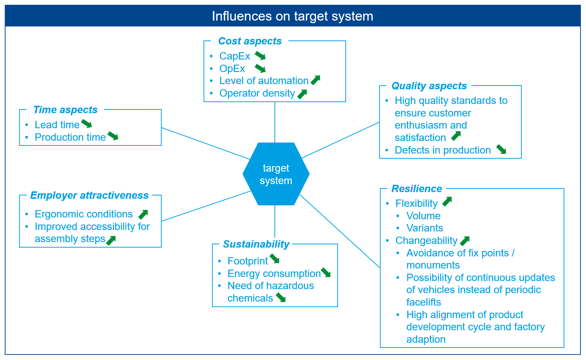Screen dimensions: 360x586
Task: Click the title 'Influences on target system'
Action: [x=292, y=16]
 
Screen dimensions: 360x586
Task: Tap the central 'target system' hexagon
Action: [x=276, y=174]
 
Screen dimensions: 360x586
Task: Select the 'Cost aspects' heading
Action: [x=250, y=41]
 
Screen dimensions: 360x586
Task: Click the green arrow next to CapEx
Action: [x=260, y=56]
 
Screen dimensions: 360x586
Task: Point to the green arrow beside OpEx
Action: [x=260, y=68]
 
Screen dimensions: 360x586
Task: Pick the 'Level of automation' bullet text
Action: [x=264, y=81]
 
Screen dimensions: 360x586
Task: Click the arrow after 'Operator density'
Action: [x=302, y=94]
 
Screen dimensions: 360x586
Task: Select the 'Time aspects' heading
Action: [x=65, y=110]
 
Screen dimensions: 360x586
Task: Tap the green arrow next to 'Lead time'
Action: [x=87, y=124]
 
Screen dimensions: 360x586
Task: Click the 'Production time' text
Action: [x=70, y=137]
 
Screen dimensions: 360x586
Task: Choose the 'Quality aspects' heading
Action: [x=429, y=86]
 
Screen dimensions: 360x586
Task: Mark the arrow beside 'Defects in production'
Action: [x=501, y=149]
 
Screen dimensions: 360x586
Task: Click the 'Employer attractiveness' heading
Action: [x=89, y=195]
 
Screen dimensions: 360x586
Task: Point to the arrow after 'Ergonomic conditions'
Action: [x=143, y=214]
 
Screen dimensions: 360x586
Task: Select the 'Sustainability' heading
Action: [x=256, y=244]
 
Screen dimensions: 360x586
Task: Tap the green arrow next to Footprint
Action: [x=275, y=259]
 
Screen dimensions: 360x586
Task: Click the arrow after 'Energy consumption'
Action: [x=326, y=273]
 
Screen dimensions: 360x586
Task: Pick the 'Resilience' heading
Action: [x=417, y=189]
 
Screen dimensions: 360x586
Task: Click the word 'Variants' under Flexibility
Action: [x=424, y=228]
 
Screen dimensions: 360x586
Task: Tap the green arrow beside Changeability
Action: [x=465, y=241]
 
